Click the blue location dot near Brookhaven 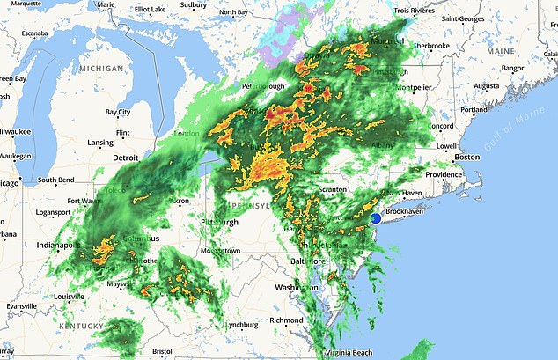(375, 218)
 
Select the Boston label (467, 157)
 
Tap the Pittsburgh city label (219, 223)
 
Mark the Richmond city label (287, 320)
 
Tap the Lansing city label (99, 143)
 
